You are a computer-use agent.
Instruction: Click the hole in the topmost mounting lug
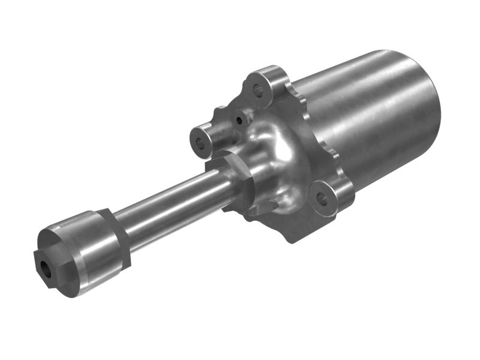[259, 91]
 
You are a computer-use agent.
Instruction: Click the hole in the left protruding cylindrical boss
[200, 143]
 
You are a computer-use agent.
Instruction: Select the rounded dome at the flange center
[273, 150]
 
